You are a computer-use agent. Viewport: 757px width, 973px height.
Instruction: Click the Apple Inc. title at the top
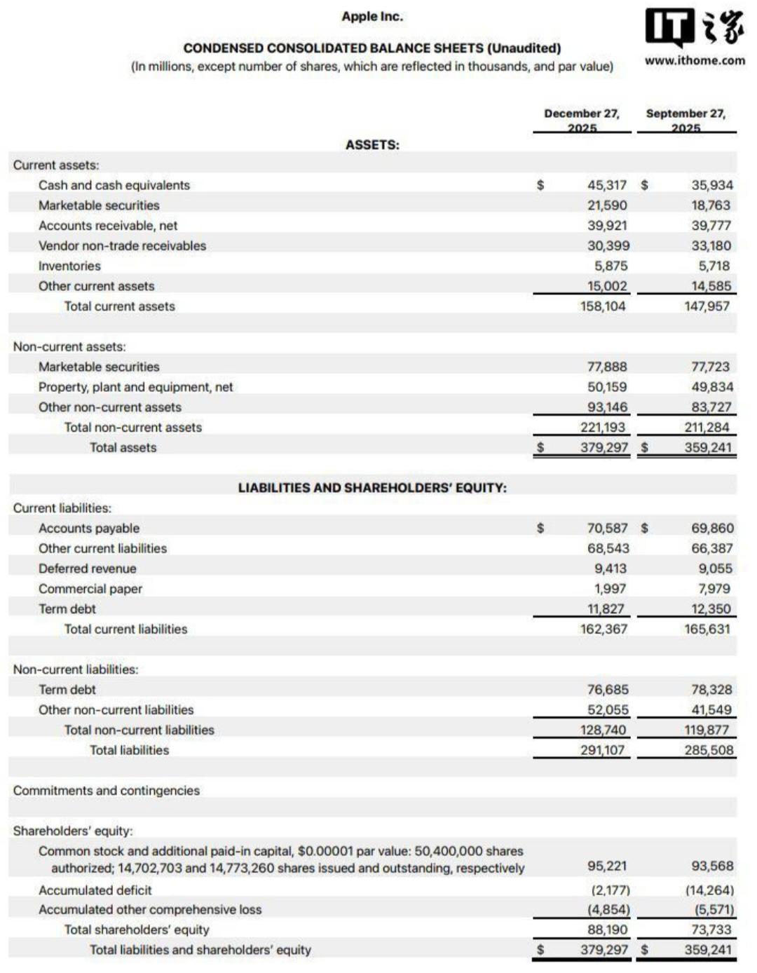coord(372,16)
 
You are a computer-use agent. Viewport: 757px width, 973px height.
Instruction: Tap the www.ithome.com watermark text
coord(695,60)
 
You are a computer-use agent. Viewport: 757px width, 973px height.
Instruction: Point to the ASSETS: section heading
coord(372,145)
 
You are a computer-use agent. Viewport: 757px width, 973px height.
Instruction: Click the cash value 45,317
coord(607,185)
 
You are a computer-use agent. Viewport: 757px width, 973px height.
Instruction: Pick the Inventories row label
coord(69,266)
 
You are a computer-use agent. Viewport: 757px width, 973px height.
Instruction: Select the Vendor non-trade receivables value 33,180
coord(711,246)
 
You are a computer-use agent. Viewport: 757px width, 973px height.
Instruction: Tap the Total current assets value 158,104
coord(603,306)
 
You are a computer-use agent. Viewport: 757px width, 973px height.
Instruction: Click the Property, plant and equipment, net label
coord(135,387)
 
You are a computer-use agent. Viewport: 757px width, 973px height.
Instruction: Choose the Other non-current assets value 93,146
coord(607,407)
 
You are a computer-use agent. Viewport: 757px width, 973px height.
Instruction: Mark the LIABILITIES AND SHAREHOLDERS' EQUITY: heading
coord(372,488)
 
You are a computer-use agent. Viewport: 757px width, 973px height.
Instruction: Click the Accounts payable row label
coord(89,529)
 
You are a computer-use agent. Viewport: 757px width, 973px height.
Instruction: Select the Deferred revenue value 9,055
coord(715,569)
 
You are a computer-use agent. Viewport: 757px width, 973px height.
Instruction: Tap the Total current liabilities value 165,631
coord(708,630)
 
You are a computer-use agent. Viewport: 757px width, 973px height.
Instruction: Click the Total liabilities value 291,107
coord(603,750)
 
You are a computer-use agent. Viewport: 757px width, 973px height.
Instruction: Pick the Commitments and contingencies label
coord(107,791)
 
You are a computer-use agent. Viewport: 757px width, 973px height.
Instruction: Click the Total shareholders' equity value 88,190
coord(607,930)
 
